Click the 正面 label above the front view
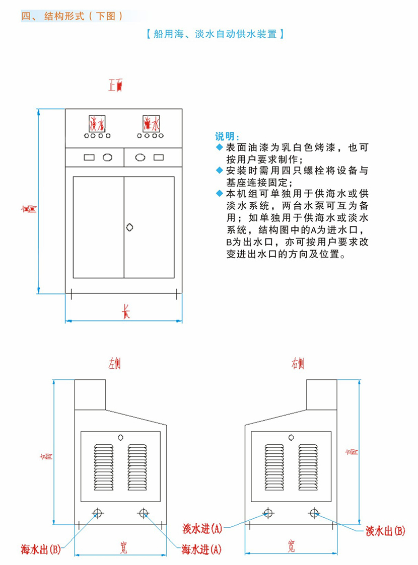point(115,86)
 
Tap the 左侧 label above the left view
point(115,363)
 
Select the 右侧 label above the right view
point(297,363)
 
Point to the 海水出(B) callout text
point(41,549)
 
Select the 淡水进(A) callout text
point(202,529)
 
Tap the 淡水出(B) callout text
point(385,530)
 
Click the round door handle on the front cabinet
point(129,227)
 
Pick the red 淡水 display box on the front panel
point(96,123)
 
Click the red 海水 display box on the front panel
point(151,123)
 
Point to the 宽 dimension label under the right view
point(291,547)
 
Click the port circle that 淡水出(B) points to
point(314,513)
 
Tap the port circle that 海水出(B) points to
point(98,513)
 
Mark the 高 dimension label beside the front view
point(30,207)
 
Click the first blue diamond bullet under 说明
point(219,147)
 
